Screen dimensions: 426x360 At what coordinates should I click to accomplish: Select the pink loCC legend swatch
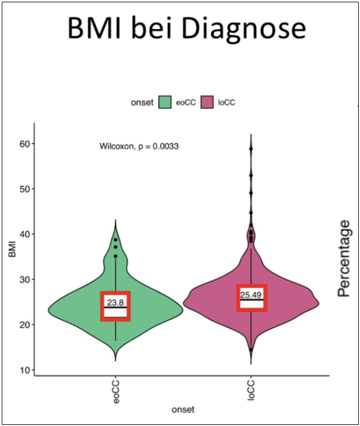pos(209,102)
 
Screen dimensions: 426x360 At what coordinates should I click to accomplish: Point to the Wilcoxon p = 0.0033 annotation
pos(139,147)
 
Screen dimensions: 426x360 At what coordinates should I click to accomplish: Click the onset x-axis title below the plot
pos(183,409)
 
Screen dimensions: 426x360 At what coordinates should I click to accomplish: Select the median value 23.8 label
pos(115,302)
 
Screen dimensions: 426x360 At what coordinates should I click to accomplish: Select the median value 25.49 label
pos(251,295)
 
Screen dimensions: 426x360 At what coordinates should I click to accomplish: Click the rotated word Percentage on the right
pos(344,258)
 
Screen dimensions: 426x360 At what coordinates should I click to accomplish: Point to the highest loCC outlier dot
pos(251,149)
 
